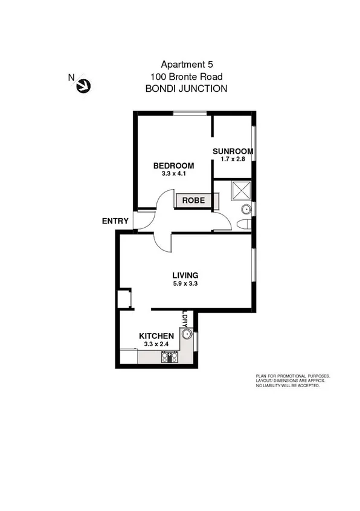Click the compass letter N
tap(71, 77)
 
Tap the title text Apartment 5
tap(187, 64)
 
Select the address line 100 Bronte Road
tap(187, 76)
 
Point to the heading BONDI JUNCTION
tap(187, 88)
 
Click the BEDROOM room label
tap(173, 166)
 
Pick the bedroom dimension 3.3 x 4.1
tap(173, 174)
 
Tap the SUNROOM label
tap(233, 151)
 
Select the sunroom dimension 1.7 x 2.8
tap(233, 159)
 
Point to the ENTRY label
tap(115, 221)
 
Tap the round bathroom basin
tap(246, 210)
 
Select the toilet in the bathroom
tap(244, 225)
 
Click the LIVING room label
tap(185, 275)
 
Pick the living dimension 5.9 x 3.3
tap(185, 283)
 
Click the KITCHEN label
tap(156, 336)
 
